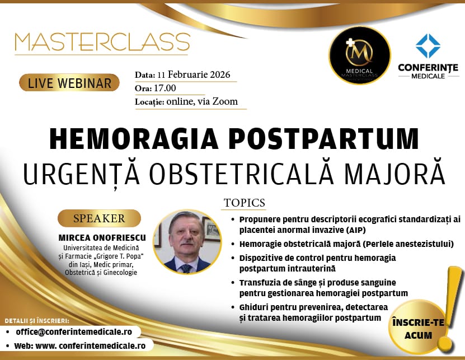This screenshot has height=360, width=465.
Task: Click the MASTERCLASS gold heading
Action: (102, 42)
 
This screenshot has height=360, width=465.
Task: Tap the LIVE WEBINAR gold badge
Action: (69, 83)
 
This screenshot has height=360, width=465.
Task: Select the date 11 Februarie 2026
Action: (194, 74)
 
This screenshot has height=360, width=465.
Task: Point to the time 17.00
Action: (165, 88)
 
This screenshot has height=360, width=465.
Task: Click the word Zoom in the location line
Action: (225, 101)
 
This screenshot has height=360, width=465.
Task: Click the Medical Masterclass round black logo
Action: (359, 55)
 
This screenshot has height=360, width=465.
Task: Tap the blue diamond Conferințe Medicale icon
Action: (428, 46)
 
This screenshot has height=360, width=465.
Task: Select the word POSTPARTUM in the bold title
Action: (323, 139)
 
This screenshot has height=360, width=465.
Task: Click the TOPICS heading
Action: (245, 203)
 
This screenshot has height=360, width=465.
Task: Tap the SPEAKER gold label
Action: (99, 218)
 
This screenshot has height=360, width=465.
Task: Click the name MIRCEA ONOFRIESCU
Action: (102, 238)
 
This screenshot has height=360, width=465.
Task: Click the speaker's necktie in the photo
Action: (186, 268)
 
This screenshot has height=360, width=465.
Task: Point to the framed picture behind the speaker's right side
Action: (211, 229)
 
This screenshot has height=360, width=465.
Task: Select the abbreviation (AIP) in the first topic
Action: (352, 230)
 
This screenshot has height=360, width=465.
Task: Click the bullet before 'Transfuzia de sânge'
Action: (233, 283)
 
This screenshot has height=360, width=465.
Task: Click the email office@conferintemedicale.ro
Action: (74, 332)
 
